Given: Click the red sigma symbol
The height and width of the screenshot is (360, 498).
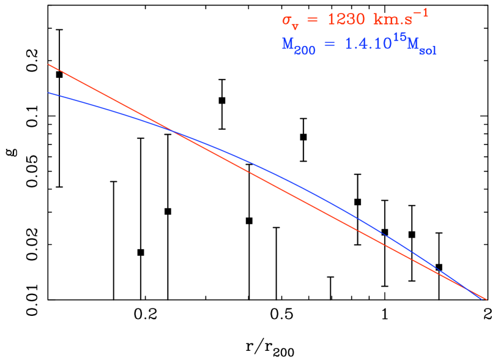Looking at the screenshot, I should [x=286, y=20].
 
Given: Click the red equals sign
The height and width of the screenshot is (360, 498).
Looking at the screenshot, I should [x=311, y=20].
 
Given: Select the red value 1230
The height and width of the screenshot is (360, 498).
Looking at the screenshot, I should [x=344, y=20].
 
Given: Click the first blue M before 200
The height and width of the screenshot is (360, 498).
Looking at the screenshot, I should [x=288, y=44].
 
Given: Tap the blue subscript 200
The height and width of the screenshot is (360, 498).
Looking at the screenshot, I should [x=305, y=51].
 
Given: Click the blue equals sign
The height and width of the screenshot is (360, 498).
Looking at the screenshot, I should [x=328, y=45].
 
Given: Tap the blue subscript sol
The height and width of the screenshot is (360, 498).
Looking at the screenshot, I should [x=428, y=51].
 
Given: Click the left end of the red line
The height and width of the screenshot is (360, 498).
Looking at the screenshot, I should [x=48, y=64].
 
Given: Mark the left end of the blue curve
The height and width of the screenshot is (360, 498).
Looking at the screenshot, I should [x=48, y=92].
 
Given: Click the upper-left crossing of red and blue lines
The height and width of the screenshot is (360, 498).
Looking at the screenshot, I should [x=173, y=130].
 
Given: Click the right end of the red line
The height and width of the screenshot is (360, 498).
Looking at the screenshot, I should [x=486, y=299].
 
